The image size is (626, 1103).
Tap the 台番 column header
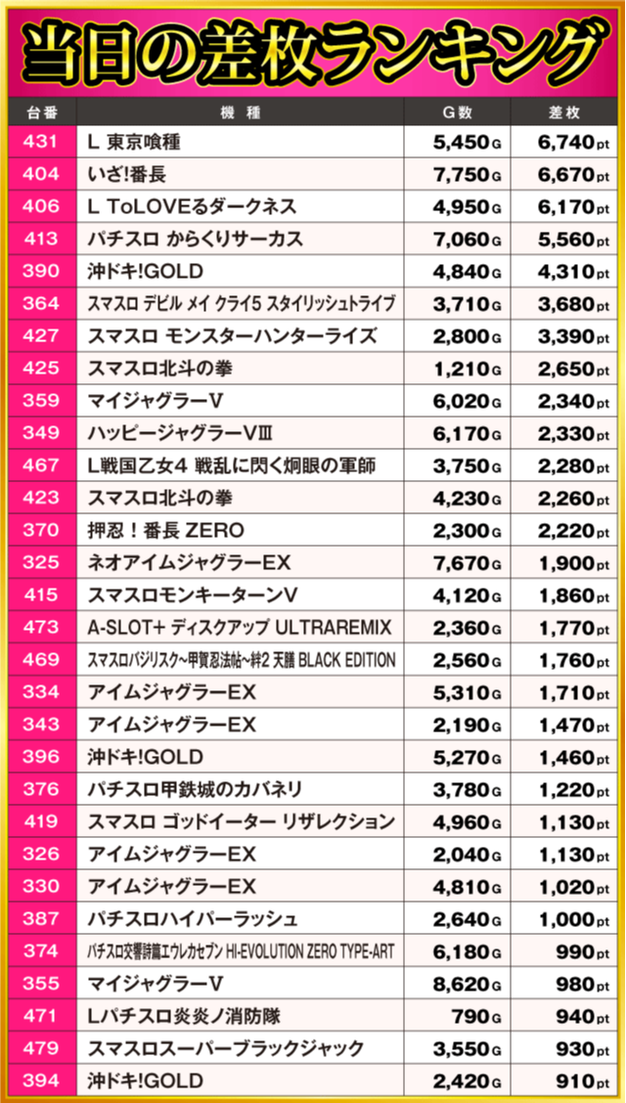pos(41,111)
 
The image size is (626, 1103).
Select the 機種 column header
pos(241,111)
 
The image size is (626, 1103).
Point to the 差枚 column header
pos(564,111)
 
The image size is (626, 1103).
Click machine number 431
pos(41,143)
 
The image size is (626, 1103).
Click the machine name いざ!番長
pos(124,175)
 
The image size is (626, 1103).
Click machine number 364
pos(41,304)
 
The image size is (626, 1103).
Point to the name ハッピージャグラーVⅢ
pos(186,433)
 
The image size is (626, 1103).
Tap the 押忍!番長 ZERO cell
pos(166,531)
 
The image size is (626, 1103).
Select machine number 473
pos(41,628)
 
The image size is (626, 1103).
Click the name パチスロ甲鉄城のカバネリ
pos(195,789)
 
